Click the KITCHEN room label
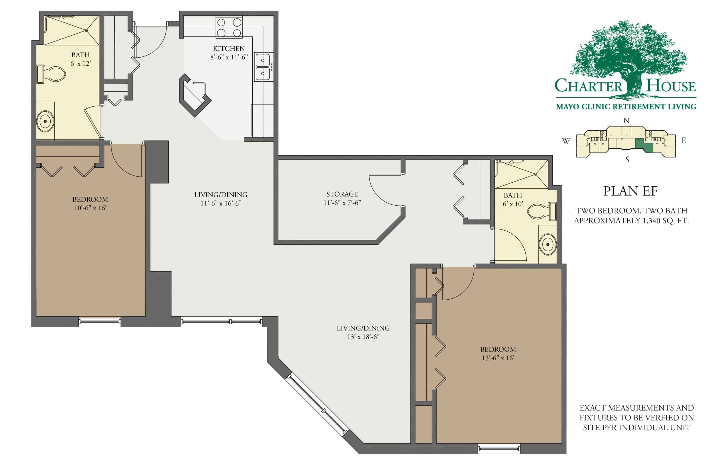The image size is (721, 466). click(229, 48)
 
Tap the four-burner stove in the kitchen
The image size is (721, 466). click(229, 27)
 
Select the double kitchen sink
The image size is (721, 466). click(263, 67)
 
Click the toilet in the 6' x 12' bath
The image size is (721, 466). click(53, 74)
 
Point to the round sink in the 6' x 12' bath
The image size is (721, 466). click(45, 121)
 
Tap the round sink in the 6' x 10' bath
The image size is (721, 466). click(548, 244)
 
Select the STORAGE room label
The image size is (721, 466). click(342, 194)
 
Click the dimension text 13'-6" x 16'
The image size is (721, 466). click(498, 358)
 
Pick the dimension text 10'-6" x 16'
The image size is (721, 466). click(90, 208)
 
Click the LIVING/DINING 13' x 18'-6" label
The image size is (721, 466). click(363, 328)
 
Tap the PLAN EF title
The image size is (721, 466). click(630, 191)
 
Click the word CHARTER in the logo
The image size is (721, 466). click(588, 86)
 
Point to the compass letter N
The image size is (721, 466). click(626, 121)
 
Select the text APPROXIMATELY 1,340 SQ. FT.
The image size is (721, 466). click(631, 220)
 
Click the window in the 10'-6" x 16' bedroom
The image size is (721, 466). click(100, 322)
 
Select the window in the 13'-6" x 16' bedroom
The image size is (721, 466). click(499, 448)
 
